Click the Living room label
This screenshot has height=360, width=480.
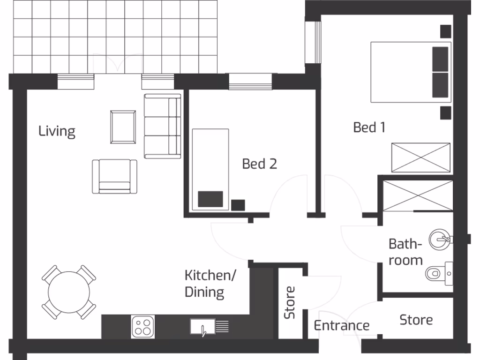click(x=57, y=131)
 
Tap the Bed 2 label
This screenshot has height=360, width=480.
click(x=259, y=164)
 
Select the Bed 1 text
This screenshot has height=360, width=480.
click(x=369, y=127)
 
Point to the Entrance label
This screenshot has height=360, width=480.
click(x=341, y=325)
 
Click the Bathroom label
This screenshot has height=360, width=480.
click(x=405, y=252)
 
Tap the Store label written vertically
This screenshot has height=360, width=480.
click(x=290, y=302)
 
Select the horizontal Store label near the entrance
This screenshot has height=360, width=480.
click(x=416, y=320)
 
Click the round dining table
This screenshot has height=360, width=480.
click(x=69, y=292)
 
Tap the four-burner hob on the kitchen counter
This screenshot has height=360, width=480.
click(x=143, y=326)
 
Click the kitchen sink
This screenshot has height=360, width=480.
click(x=203, y=326)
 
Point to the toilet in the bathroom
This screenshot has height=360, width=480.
click(x=437, y=273)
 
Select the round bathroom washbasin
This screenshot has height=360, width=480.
click(x=440, y=239)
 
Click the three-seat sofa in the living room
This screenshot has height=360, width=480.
click(x=162, y=126)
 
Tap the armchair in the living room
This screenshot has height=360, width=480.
click(x=114, y=176)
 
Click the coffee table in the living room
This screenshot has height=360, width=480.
click(x=123, y=127)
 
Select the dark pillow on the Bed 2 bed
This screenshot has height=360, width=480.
click(x=210, y=199)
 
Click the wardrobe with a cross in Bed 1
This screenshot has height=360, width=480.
click(x=420, y=158)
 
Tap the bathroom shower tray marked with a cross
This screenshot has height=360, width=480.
click(x=418, y=195)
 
